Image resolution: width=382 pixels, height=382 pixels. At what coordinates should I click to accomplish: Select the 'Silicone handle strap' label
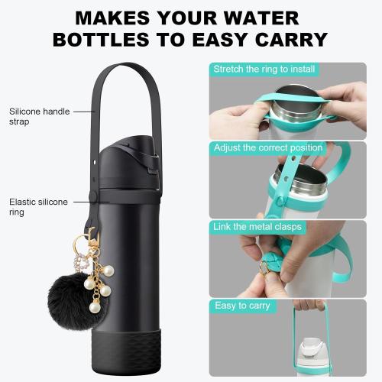pyautogui.click(x=39, y=116)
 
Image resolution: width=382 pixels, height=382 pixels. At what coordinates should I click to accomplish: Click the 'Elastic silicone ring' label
pyautogui.click(x=38, y=207)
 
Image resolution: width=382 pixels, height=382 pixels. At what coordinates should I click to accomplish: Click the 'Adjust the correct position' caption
pyautogui.click(x=267, y=147)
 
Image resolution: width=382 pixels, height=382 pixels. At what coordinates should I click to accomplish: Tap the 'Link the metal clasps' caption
pyautogui.click(x=257, y=227)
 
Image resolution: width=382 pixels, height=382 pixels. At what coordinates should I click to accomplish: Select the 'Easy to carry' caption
pyautogui.click(x=242, y=306)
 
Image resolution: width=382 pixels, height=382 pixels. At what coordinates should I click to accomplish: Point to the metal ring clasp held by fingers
pyautogui.click(x=264, y=267)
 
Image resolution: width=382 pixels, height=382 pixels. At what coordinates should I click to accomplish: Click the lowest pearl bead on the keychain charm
pyautogui.click(x=95, y=307)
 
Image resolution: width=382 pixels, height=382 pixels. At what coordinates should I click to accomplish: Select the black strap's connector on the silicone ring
pyautogui.click(x=93, y=197)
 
